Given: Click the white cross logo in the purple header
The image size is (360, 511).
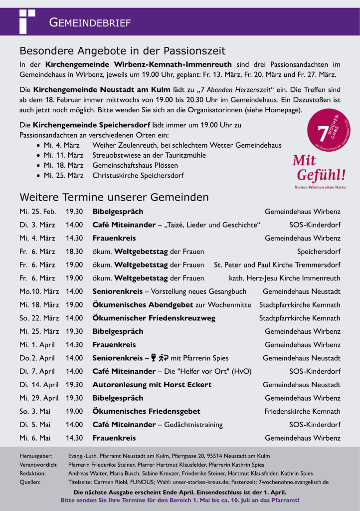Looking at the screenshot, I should point(26,21).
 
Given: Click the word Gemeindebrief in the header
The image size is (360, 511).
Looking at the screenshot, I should point(90,22).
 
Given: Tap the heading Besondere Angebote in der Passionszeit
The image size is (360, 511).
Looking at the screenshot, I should point(122,51).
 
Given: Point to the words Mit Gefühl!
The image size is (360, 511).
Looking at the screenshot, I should point(319,168).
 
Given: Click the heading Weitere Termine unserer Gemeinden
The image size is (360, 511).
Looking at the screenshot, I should point(114,197).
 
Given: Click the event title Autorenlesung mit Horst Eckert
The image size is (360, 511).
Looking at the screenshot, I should point(152,385).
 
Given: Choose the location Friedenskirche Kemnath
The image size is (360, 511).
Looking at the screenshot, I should point(302,411).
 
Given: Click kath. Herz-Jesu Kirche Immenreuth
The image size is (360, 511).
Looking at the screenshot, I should point(284,278).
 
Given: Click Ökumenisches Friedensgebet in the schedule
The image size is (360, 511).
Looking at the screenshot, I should point(147,411).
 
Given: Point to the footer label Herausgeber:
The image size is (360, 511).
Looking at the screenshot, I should point(35,456).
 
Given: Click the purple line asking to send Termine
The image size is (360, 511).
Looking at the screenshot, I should point(180,500).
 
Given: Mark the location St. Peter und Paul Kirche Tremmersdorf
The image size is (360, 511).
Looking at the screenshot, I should point(277,264).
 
